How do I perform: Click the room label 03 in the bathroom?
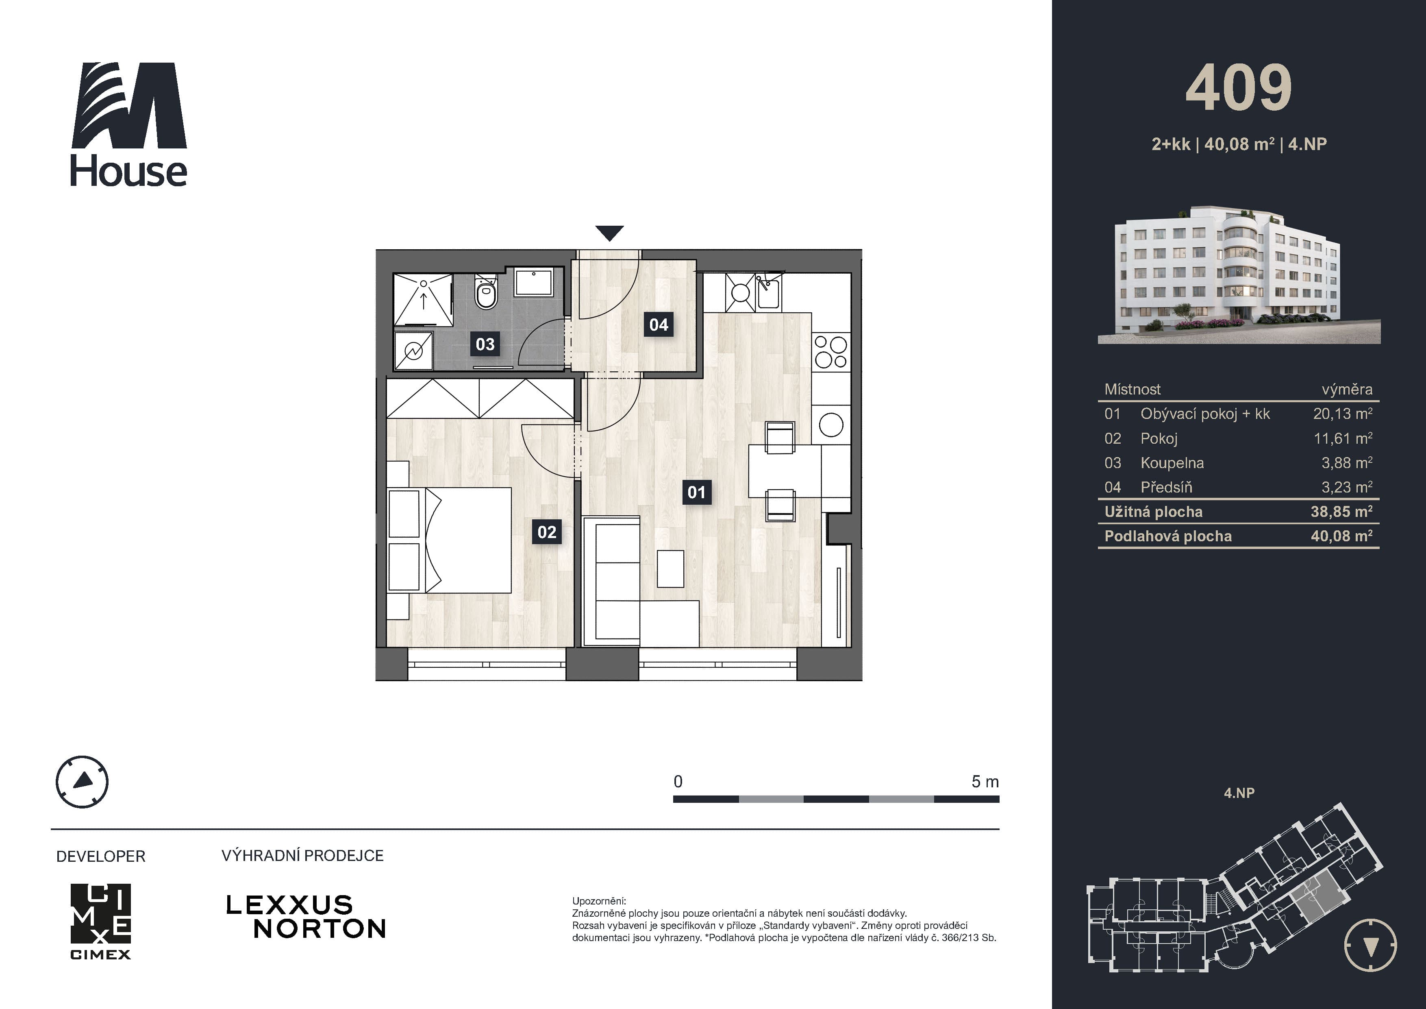point(485,344)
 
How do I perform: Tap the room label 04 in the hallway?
point(659,324)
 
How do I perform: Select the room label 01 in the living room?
point(696,493)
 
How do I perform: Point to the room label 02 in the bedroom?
point(547,532)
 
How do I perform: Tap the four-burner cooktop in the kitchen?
point(830,352)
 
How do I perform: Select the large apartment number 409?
point(1239,87)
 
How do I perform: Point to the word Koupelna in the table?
point(1172,463)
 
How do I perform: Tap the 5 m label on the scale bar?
point(985,782)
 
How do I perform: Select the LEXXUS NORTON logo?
point(306,916)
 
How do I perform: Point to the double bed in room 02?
point(450,540)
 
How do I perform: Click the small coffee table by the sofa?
point(670,569)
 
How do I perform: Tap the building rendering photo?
point(1239,274)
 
